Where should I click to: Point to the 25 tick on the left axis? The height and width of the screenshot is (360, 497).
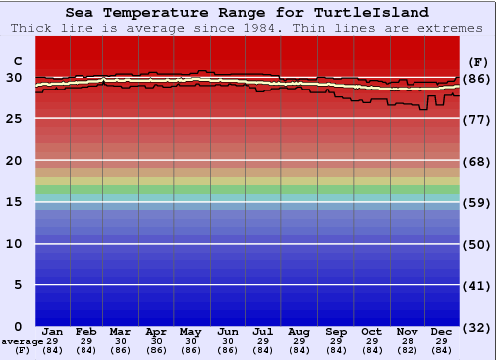tap(14, 118)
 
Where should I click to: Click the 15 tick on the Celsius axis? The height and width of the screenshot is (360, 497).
tap(14, 202)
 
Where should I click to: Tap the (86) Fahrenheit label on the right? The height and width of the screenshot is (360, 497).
tap(475, 78)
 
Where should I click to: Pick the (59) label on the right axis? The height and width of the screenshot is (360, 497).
tap(475, 203)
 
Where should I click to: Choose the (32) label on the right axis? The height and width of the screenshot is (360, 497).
tap(475, 327)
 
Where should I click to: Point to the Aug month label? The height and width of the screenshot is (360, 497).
tap(298, 331)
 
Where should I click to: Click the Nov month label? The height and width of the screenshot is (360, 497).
tap(406, 331)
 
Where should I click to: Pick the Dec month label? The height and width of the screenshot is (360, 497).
tap(441, 331)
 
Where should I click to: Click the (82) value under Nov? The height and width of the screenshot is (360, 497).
tap(406, 350)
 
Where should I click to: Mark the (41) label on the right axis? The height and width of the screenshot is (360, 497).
tap(475, 285)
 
